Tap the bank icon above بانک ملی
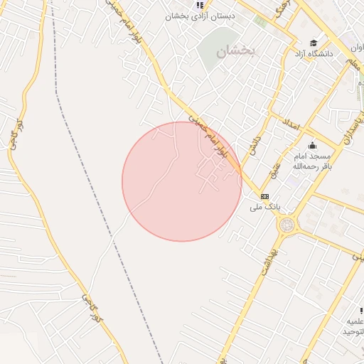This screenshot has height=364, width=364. pyautogui.click(x=264, y=196)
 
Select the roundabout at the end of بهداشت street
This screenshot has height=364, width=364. pyautogui.click(x=287, y=225)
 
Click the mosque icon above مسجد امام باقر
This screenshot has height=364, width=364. pyautogui.click(x=312, y=145)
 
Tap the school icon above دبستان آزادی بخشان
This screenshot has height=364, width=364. pyautogui.click(x=201, y=5)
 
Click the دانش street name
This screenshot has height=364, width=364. pyautogui.click(x=254, y=146)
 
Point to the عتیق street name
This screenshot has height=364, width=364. pyautogui.click(x=274, y=168)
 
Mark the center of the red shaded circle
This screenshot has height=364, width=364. pyautogui.click(x=182, y=181)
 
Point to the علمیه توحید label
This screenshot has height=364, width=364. pyautogui.click(x=351, y=326)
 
